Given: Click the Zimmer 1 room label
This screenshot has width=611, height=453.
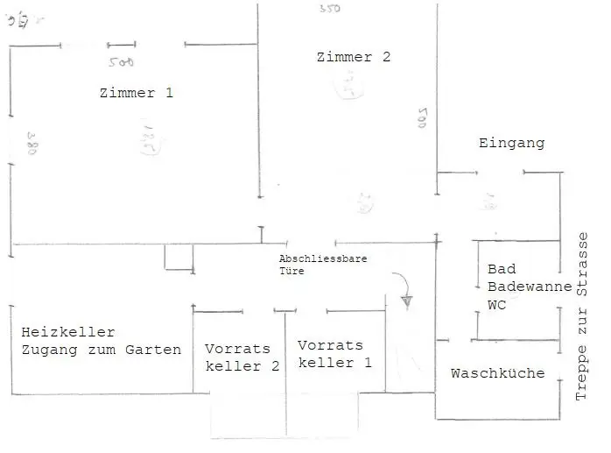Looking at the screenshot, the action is (x=136, y=93).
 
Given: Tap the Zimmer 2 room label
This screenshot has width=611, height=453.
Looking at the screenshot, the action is (x=354, y=57).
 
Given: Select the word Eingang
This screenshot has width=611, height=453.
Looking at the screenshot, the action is (x=511, y=143).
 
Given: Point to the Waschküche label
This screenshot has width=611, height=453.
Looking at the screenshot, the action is (x=497, y=373).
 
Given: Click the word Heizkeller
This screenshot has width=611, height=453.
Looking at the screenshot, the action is (x=68, y=332).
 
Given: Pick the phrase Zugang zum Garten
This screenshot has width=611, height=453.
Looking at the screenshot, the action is (x=102, y=350).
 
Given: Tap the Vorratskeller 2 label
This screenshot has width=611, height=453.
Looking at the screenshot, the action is (x=242, y=357).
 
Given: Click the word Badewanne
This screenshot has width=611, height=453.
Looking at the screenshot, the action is (x=530, y=287).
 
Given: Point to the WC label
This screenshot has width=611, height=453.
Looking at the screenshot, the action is (x=497, y=305).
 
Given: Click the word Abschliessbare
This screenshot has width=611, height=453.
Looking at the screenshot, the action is (x=322, y=259).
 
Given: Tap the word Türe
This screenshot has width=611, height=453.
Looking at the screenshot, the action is (x=291, y=272).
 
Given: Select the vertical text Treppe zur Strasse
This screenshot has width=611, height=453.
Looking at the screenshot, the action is (x=584, y=318).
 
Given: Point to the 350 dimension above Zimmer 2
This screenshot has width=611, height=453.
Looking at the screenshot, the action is (x=330, y=8).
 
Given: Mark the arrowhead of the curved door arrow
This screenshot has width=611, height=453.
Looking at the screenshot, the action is (x=407, y=301).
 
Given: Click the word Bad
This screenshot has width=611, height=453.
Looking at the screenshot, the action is (x=502, y=269).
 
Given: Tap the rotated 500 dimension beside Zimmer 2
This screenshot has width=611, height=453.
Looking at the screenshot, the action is (x=420, y=118).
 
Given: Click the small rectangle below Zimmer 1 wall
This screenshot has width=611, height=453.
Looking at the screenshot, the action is (x=179, y=258).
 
